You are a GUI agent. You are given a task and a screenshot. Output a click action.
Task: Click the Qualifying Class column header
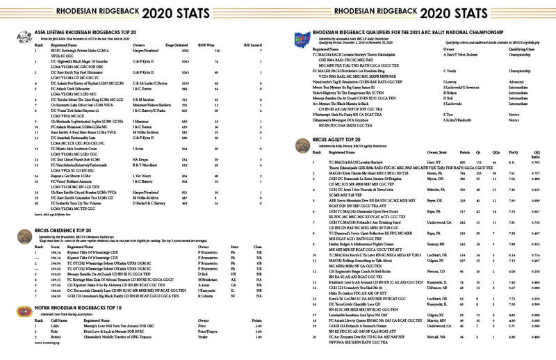[x=493, y=49]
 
